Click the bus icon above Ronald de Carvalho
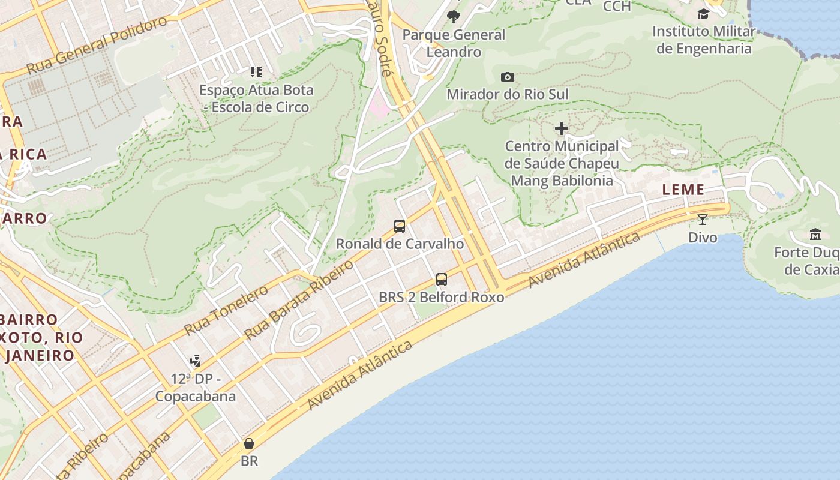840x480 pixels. (400, 226)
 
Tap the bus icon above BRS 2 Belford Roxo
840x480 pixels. (442, 279)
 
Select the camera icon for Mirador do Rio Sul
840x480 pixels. (507, 77)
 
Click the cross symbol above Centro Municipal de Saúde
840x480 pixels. (562, 128)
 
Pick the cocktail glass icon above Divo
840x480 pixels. (703, 220)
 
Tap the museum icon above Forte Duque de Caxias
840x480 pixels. (815, 234)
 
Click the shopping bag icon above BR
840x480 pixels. (249, 443)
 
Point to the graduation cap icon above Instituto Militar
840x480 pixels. (703, 14)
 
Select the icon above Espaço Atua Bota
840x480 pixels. (256, 72)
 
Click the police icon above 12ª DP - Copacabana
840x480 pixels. (195, 361)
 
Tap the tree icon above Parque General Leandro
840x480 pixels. (454, 16)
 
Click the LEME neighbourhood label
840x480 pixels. (683, 190)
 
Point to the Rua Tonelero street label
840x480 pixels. (226, 310)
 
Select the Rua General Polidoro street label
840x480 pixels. (97, 46)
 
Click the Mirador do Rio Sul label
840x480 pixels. (508, 94)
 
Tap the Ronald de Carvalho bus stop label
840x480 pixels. (400, 244)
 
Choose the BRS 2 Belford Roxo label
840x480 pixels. (442, 297)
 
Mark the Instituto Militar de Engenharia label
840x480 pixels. (704, 40)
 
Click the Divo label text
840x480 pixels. (703, 238)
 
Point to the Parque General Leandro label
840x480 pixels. (454, 43)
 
